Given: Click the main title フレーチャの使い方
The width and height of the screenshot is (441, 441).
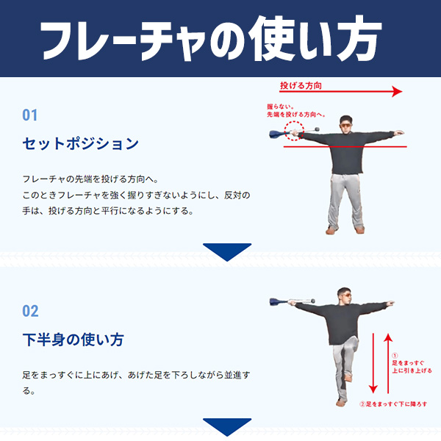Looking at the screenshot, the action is point(210,39).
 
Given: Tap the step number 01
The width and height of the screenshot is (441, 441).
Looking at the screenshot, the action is point(30,115).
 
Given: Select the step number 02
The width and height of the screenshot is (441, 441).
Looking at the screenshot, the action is point(30,311).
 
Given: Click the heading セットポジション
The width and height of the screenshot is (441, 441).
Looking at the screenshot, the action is point(80,143).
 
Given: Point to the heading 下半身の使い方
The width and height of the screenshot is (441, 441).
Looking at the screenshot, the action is point(73,340).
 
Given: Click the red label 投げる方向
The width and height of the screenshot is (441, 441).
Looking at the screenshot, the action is point(301,85).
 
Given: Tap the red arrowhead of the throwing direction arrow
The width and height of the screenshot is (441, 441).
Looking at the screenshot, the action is point(397,91).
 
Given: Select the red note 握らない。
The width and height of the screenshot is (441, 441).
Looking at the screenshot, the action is point(281,107).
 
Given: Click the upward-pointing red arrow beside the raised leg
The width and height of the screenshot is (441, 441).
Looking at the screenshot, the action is point(388,363).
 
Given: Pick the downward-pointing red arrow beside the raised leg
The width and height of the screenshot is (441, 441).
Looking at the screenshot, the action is point(373,363).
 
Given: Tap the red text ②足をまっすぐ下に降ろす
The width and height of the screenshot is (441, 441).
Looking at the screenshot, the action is point(393,404).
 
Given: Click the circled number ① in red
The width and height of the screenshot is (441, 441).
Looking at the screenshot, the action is point(395,356).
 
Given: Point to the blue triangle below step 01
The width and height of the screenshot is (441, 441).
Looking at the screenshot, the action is point(227,251).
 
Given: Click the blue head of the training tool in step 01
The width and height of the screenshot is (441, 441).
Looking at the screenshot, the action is point(277,135).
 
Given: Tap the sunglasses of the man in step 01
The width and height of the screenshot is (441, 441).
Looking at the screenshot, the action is point(346,125).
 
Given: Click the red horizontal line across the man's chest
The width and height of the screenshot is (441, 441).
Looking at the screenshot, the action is point(345,146).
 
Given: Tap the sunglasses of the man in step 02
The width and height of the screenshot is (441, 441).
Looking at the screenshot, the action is point(348,295).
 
